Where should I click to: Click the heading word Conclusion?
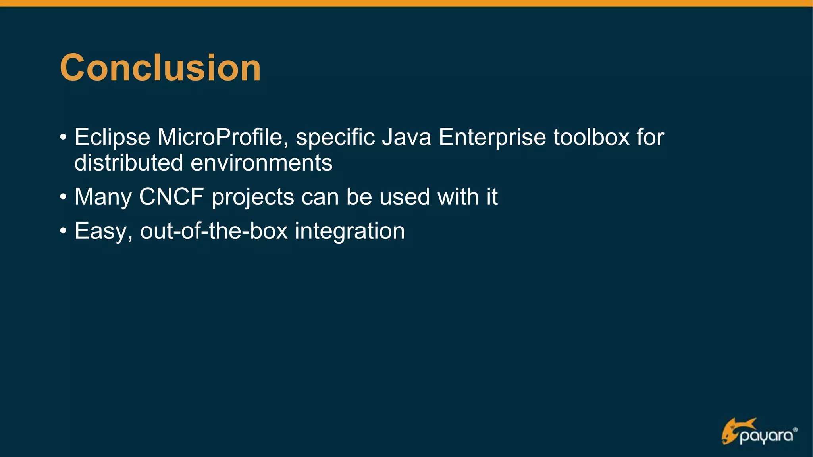(160, 68)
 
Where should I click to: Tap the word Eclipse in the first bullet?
(112, 137)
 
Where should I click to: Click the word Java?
(406, 137)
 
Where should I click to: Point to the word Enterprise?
(492, 137)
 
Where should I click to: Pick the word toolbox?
(591, 137)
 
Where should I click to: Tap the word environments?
(261, 163)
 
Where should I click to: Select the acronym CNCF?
(171, 197)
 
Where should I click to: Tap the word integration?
(349, 231)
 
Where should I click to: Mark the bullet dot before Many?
(63, 197)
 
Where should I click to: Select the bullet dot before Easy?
(63, 231)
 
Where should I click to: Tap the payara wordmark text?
(767, 436)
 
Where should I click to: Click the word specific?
(335, 137)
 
